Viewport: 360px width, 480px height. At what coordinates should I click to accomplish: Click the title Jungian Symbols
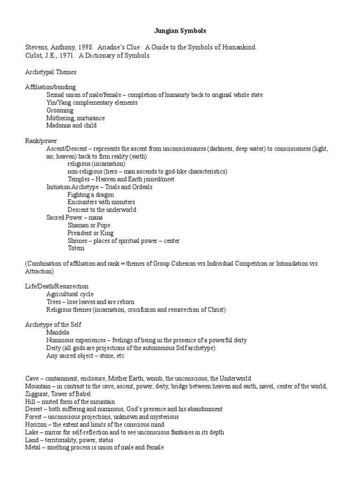(x=180, y=31)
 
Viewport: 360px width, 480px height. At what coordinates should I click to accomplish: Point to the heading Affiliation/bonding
(x=51, y=87)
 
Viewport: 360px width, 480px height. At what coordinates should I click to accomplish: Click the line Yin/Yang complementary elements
(x=92, y=103)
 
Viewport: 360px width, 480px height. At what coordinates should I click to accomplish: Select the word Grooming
(x=60, y=111)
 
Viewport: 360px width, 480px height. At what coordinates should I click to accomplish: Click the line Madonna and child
(x=72, y=126)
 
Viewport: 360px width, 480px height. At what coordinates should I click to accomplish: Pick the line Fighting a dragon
(x=91, y=195)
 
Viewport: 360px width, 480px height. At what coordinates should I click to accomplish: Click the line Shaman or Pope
(x=90, y=225)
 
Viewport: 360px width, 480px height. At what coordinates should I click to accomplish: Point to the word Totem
(x=76, y=248)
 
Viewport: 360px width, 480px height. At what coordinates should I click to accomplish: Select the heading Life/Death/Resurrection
(x=57, y=286)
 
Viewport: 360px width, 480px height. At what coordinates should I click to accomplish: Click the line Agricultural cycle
(x=70, y=294)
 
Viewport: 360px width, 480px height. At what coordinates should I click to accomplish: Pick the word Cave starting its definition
(x=32, y=378)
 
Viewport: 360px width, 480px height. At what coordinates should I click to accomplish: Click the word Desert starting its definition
(x=34, y=409)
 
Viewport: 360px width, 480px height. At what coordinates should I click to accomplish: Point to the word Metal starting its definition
(x=33, y=448)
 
